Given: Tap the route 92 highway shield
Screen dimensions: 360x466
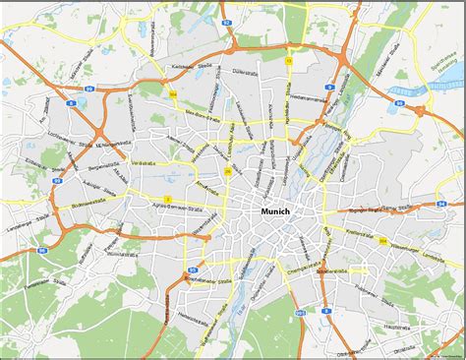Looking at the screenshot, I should [x=225, y=20].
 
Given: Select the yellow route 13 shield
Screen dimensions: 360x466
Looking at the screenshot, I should [x=288, y=60].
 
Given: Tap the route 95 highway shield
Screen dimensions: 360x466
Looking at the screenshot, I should [x=195, y=269].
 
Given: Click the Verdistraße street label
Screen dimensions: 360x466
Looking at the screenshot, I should [x=144, y=162].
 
